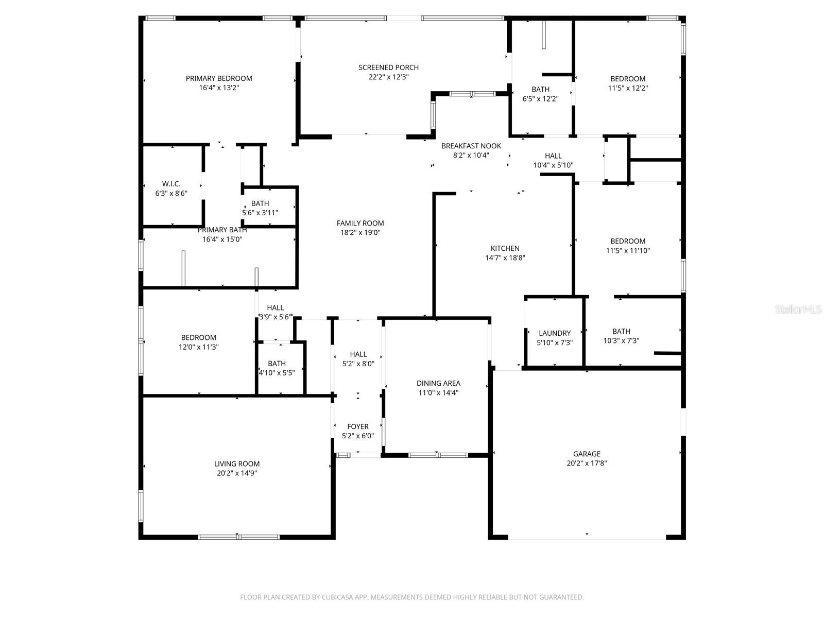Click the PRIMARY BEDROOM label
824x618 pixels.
(x=219, y=78)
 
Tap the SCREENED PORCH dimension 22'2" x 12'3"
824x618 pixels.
(x=389, y=77)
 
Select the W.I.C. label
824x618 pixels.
(x=171, y=184)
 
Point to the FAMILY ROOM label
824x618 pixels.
(x=360, y=223)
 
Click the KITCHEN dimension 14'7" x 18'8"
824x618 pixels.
(x=505, y=258)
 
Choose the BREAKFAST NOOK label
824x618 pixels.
(x=471, y=146)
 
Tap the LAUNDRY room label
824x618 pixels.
(x=555, y=333)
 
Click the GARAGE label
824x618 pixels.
(x=587, y=454)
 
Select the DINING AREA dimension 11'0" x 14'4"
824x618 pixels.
(x=438, y=393)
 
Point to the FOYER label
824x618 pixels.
(x=358, y=426)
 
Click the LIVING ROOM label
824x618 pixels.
(x=237, y=463)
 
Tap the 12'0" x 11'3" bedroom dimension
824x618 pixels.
(x=198, y=347)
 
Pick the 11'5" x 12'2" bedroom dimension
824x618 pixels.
(x=628, y=88)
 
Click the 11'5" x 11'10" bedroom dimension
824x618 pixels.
(x=628, y=251)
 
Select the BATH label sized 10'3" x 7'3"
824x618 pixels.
(x=621, y=331)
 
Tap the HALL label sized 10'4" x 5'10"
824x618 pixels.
(x=553, y=156)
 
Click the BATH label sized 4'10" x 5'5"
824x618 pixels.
(x=277, y=363)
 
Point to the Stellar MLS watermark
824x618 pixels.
(x=798, y=310)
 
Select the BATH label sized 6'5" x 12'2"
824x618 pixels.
(x=540, y=89)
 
